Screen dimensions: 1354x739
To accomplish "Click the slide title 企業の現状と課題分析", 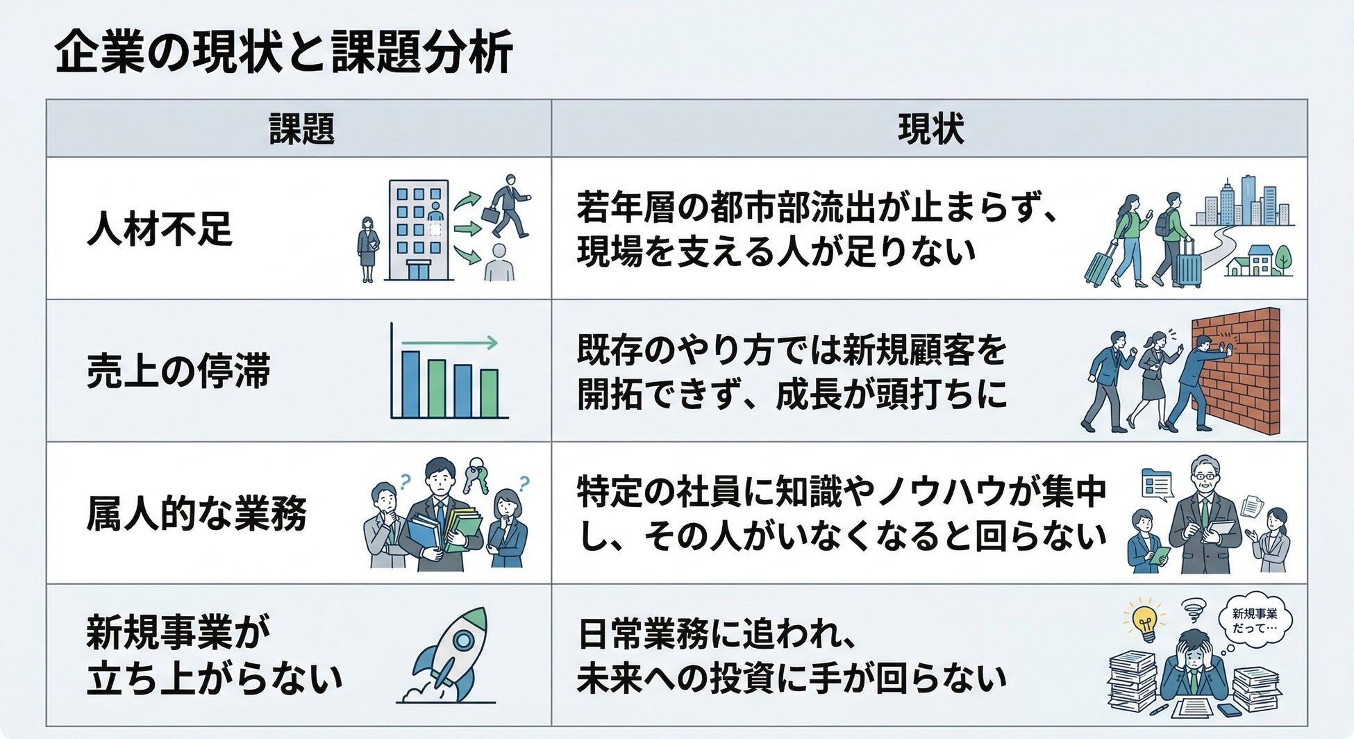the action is [283, 53].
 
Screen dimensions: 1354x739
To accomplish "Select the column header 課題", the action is [301, 129].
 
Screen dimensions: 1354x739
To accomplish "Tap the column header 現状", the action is [930, 129].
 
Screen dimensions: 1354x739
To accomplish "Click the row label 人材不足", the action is [159, 229].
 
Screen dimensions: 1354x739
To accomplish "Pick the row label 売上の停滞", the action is [178, 371].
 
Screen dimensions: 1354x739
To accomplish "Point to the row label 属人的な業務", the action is [197, 514].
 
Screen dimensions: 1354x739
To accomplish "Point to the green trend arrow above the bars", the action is [450, 342].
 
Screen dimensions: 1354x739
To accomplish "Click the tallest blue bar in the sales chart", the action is [410, 383].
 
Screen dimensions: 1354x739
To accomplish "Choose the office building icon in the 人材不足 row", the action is [419, 229].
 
